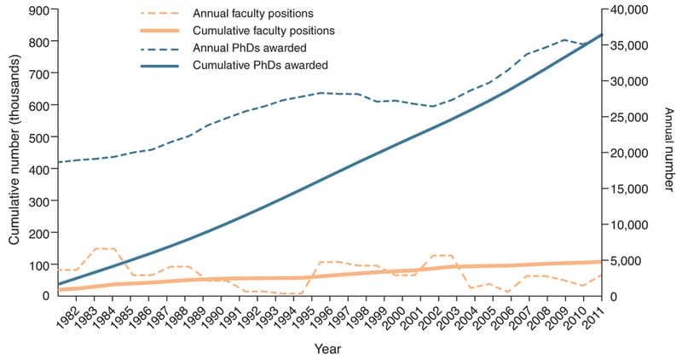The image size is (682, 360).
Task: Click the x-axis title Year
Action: pos(327,349)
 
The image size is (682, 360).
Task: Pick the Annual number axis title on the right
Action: pos(669,152)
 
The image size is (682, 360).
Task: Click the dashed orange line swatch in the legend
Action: pos(161,15)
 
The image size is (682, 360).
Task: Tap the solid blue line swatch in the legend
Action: pos(161,65)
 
